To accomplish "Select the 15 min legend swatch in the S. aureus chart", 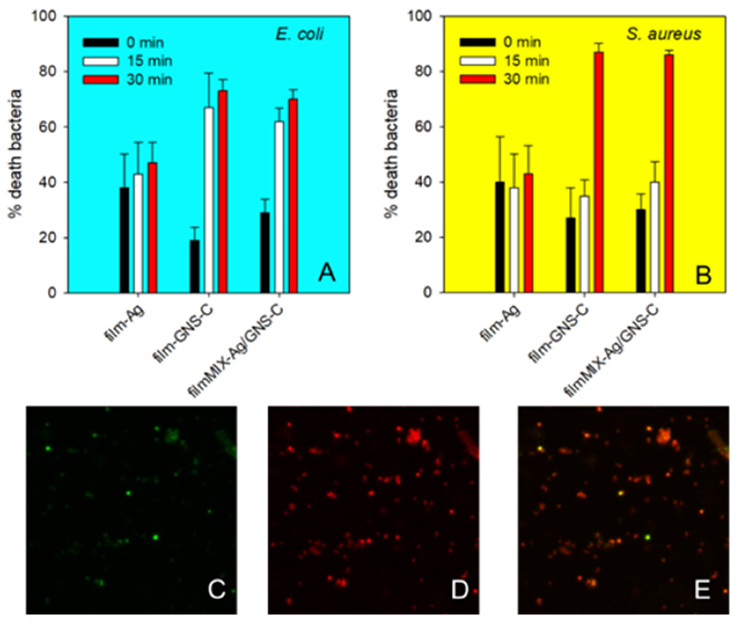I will coord(477,61).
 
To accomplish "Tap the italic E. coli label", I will coord(300,35).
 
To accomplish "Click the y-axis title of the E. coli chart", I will coord(15,154).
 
